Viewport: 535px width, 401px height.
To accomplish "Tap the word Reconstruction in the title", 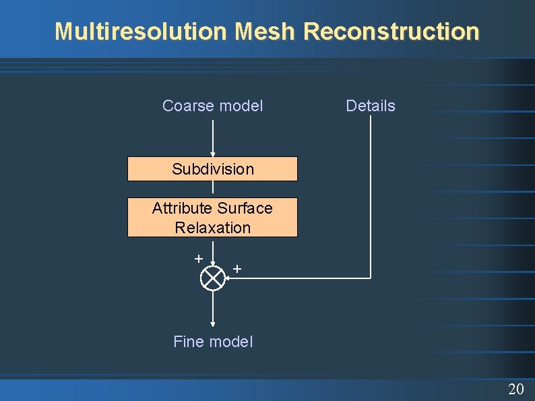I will point(391,32).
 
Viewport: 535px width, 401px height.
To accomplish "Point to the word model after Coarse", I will point(241,106).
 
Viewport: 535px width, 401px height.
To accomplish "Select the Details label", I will point(370,106).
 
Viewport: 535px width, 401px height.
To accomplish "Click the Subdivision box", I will point(212,169).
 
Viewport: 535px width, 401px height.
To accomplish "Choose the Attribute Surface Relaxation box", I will point(212,217).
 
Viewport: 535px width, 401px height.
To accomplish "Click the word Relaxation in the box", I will point(212,228).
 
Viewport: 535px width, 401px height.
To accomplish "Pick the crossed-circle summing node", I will point(213,278).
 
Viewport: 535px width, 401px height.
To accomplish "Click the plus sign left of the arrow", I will point(198,258).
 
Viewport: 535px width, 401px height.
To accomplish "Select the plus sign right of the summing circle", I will point(237,269).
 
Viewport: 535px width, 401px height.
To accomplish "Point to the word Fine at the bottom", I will point(188,342).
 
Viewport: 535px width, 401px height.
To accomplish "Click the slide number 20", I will point(516,389).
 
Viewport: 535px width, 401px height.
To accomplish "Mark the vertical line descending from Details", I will point(371,195).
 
